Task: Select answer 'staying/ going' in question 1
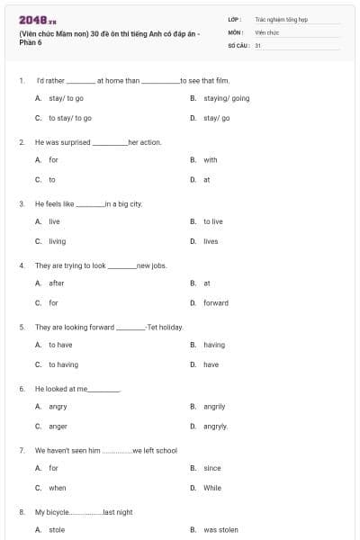pyautogui.click(x=226, y=98)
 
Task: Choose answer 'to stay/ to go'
pyautogui.click(x=69, y=118)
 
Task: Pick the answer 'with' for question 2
pyautogui.click(x=210, y=160)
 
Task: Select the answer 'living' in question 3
pyautogui.click(x=57, y=241)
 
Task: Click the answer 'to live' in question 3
pyautogui.click(x=212, y=221)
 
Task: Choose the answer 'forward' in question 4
pyautogui.click(x=216, y=303)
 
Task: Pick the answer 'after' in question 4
pyautogui.click(x=56, y=283)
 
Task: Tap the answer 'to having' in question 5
pyautogui.click(x=63, y=364)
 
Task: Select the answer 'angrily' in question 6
pyautogui.click(x=214, y=407)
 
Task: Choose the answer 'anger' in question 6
pyautogui.click(x=58, y=427)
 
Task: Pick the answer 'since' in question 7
pyautogui.click(x=211, y=468)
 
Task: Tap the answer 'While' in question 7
pyautogui.click(x=211, y=488)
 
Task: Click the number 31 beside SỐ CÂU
pyautogui.click(x=258, y=44)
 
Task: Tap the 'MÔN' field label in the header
pyautogui.click(x=235, y=31)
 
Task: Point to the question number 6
pyautogui.click(x=22, y=389)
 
